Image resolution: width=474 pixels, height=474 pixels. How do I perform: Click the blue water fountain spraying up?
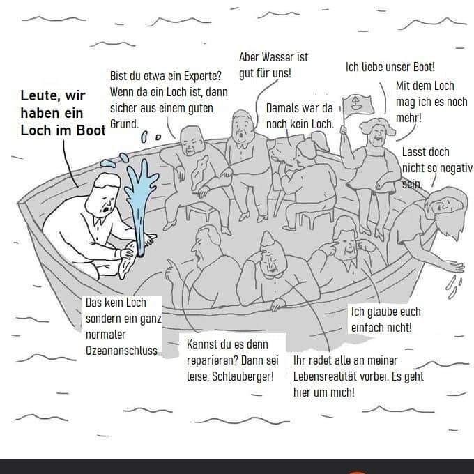click(142, 202)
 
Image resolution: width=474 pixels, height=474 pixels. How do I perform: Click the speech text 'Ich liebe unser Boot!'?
click(390, 68)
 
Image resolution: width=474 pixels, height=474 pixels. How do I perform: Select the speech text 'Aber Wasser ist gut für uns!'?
click(273, 65)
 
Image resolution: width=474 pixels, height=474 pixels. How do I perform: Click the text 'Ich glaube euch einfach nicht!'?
click(385, 319)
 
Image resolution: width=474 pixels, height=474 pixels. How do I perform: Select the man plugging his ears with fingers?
click(344, 247)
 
